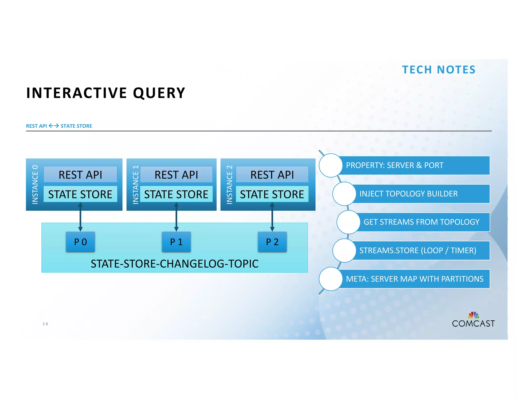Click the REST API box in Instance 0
pyautogui.click(x=80, y=174)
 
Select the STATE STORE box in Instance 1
pyautogui.click(x=176, y=194)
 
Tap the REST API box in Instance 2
pyautogui.click(x=272, y=174)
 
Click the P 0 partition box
pyautogui.click(x=80, y=242)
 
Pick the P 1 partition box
pyautogui.click(x=176, y=242)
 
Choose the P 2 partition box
pyautogui.click(x=272, y=242)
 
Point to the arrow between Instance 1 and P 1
pyautogui.click(x=176, y=217)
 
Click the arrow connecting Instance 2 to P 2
pyautogui.click(x=272, y=217)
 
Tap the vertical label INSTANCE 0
pyautogui.click(x=35, y=184)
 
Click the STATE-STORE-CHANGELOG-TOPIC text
pyautogui.click(x=174, y=264)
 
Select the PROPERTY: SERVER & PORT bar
pyautogui.click(x=414, y=165)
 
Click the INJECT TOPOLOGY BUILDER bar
pyautogui.click(x=419, y=194)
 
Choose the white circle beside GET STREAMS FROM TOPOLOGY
pyautogui.click(x=348, y=222)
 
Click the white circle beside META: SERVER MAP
pyautogui.click(x=330, y=279)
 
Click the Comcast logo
pyautogui.click(x=473, y=320)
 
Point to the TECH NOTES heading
pyautogui.click(x=439, y=70)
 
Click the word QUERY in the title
pyautogui.click(x=159, y=93)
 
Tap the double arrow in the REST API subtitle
pyautogui.click(x=54, y=126)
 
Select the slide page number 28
pyautogui.click(x=45, y=324)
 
